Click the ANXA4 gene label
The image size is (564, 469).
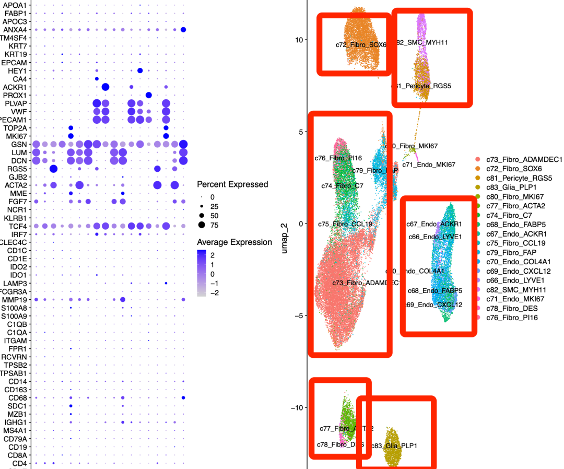pyautogui.click(x=16, y=30)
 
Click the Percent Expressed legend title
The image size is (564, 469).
pyautogui.click(x=232, y=184)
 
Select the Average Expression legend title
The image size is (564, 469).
pyautogui.click(x=234, y=242)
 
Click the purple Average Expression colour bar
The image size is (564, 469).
pyautogui.click(x=202, y=273)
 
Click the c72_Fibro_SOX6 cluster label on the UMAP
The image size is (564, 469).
pyautogui.click(x=360, y=45)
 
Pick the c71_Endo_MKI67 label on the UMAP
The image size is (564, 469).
pyautogui.click(x=429, y=165)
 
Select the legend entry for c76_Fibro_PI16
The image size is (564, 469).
pyautogui.click(x=512, y=318)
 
